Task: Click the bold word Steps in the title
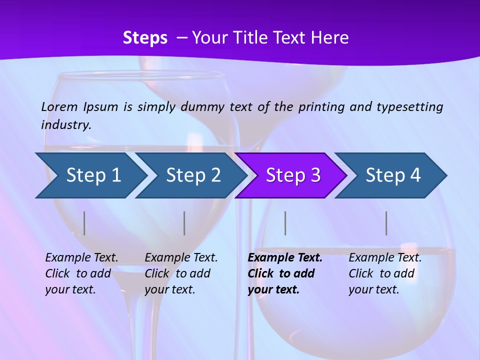click(x=145, y=38)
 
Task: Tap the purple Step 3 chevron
click(x=293, y=175)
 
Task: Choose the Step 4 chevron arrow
click(x=393, y=175)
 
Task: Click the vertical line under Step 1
click(x=84, y=223)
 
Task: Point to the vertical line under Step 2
click(x=184, y=223)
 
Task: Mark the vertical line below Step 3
click(x=285, y=223)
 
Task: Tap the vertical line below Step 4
click(x=386, y=223)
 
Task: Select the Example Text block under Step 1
click(x=81, y=273)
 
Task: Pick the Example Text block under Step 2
click(x=181, y=273)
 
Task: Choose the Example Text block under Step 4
click(x=385, y=273)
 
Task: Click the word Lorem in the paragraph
click(x=59, y=107)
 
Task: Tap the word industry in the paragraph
click(x=65, y=125)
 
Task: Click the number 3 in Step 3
click(x=315, y=175)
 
